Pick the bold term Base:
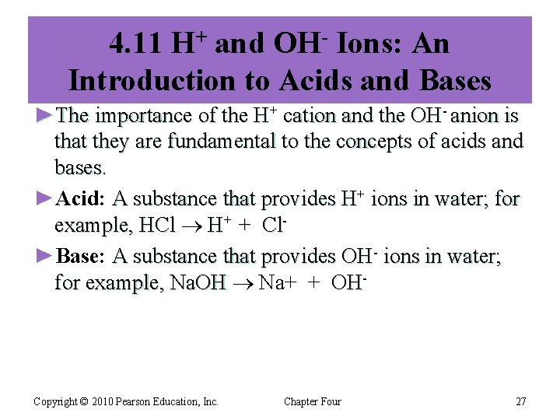(x=82, y=256)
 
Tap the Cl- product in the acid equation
(x=271, y=225)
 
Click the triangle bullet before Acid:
(x=45, y=199)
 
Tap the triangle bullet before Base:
(x=45, y=256)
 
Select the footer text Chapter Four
(x=312, y=401)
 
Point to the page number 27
(x=520, y=401)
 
